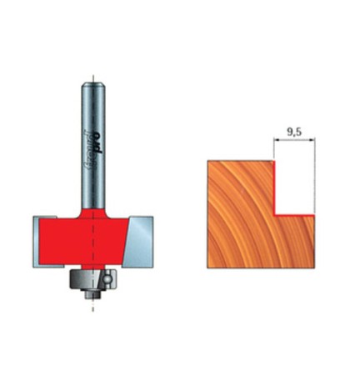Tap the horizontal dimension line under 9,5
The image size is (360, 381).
293,142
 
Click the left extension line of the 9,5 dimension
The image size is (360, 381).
273,148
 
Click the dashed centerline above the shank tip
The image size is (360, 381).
92,72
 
